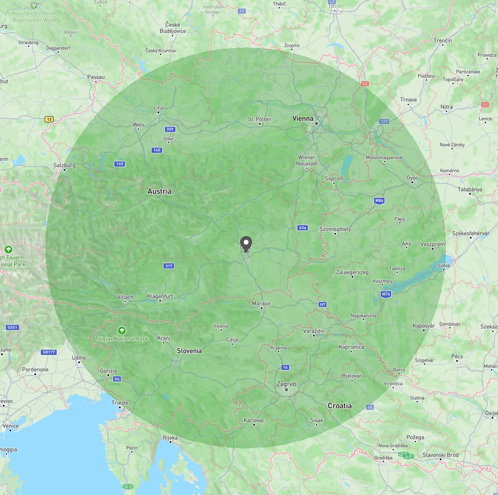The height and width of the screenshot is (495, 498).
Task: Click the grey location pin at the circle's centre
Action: coord(246,243)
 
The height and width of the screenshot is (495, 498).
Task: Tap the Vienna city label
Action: coord(303,118)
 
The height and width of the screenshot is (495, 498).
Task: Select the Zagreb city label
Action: coord(286,384)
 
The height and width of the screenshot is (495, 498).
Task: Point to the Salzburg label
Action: coord(64,165)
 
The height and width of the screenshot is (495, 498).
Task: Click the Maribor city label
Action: coord(261,304)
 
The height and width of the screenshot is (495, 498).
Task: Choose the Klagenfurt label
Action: coord(160,296)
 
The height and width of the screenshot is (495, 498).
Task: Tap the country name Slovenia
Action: coord(189,351)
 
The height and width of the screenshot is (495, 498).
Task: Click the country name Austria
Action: coord(160,191)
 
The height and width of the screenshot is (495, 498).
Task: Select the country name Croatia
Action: coord(339,405)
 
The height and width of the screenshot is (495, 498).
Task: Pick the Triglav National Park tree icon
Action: coord(121,331)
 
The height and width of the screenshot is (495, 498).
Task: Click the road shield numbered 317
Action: coord(169,266)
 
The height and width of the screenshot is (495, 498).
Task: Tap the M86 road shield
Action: coord(379,201)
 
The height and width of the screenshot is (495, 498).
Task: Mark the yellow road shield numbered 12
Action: coord(49,119)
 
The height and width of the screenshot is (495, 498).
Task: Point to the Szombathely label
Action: coord(335,229)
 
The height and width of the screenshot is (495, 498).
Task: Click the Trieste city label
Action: coord(120,403)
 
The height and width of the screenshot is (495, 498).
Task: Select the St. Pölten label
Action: coord(260,119)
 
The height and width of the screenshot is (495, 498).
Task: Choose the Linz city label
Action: coord(158,108)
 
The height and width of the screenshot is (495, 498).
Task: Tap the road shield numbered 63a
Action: coord(303,228)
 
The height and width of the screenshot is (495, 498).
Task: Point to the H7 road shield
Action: coord(323,304)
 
